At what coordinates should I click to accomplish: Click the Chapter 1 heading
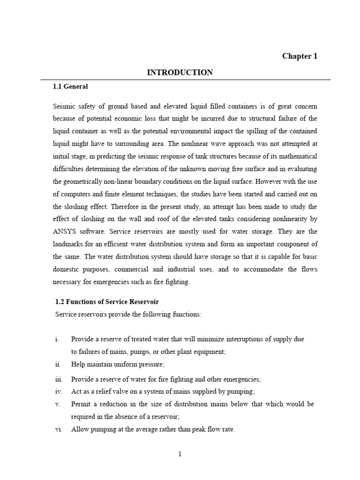coord(300,56)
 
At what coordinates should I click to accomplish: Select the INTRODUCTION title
coord(180,72)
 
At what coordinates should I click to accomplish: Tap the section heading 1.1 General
coord(70,87)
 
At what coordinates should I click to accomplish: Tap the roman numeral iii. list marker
coord(58,379)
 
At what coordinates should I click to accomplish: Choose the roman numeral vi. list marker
coord(58,429)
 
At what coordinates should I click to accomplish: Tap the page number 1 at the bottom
coord(180,454)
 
